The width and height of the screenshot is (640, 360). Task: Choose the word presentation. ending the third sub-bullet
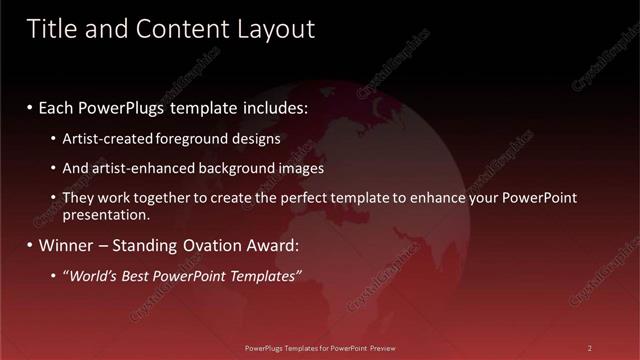pyautogui.click(x=106, y=214)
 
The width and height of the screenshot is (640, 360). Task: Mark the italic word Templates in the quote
pyautogui.click(x=263, y=275)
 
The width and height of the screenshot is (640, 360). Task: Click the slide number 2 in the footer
pyautogui.click(x=590, y=348)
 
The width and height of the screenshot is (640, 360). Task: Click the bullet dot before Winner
pyautogui.click(x=30, y=245)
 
